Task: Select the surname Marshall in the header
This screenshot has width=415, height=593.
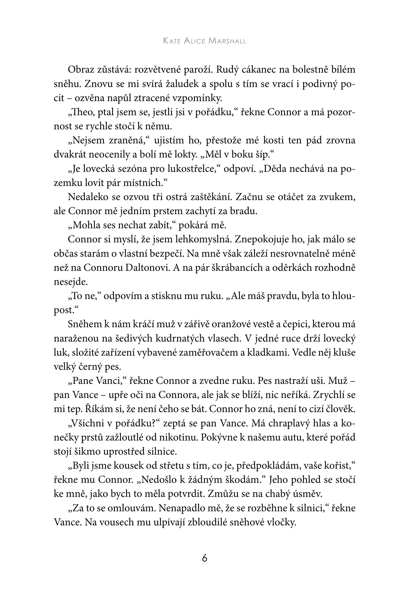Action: point(227,41)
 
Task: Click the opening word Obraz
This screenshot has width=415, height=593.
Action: point(80,70)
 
